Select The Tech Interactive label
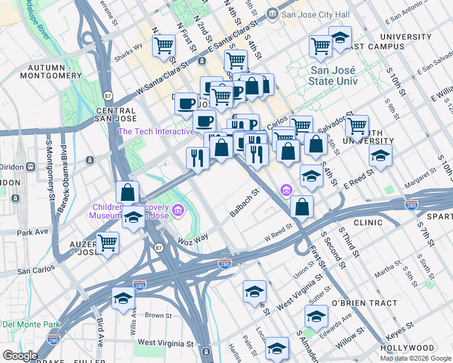coord(148,131)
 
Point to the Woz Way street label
coord(193,239)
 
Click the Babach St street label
coord(244,204)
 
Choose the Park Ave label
coord(33,232)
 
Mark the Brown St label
coord(159,315)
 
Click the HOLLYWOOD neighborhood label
coord(408,348)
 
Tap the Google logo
coord(20,356)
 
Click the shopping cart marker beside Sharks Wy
coord(164,45)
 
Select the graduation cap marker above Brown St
coord(123,298)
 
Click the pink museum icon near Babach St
coord(286,191)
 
